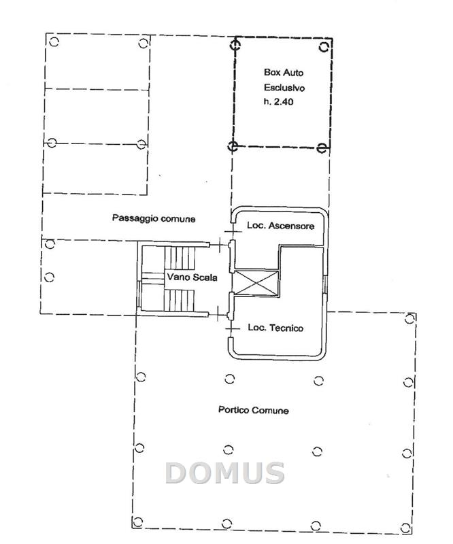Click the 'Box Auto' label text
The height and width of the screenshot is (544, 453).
(x=283, y=73)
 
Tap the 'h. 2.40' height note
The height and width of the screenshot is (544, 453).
(x=278, y=101)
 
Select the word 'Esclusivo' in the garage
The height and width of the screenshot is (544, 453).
(x=284, y=88)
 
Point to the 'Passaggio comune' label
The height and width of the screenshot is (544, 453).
(x=154, y=218)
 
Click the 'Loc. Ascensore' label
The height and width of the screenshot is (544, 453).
(x=280, y=226)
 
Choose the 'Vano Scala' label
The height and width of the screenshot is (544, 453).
(x=192, y=277)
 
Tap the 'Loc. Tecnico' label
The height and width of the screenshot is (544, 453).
(x=275, y=328)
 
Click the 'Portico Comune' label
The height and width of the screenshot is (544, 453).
(x=254, y=410)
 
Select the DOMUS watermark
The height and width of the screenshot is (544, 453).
(x=225, y=473)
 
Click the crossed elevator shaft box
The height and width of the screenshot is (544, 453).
(x=256, y=283)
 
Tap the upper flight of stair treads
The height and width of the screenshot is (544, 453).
(x=180, y=258)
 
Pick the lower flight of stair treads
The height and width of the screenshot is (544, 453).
(x=179, y=301)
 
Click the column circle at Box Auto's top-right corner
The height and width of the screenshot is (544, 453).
(x=324, y=47)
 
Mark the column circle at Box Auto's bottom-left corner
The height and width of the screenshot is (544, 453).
(x=233, y=146)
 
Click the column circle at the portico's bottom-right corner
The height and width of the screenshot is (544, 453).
(x=405, y=528)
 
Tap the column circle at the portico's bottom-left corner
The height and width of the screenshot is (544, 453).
(x=138, y=522)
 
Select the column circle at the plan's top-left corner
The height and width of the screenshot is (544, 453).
(x=54, y=42)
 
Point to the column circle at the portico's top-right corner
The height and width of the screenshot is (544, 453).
(x=410, y=318)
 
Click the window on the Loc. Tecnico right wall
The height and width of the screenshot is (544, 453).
(x=325, y=284)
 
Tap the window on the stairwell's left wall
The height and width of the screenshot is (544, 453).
(x=139, y=294)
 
